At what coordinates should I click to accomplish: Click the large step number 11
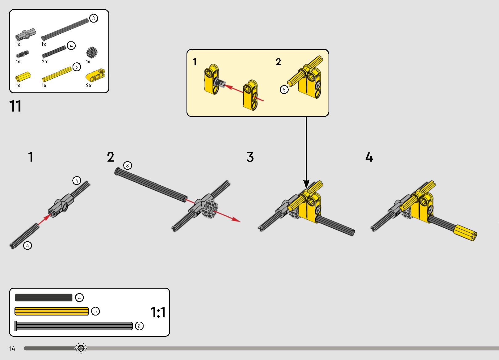tap(15, 106)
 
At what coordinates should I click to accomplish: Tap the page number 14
tap(12, 349)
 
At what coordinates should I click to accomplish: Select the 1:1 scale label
tap(158, 312)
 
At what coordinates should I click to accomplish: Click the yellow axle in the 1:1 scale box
tap(52, 311)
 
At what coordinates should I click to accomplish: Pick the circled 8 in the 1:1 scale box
tap(139, 326)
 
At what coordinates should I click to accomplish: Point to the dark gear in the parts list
tap(92, 53)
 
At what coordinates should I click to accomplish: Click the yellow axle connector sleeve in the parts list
tap(23, 76)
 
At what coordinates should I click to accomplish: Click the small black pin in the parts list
tap(23, 54)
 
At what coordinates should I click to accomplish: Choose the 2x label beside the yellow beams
tap(89, 86)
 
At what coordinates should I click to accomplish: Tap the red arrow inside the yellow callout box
tap(244, 92)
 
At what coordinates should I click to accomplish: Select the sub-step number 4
tap(369, 157)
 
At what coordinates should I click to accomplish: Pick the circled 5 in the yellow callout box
tap(284, 90)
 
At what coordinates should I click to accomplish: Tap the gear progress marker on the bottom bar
tap(81, 349)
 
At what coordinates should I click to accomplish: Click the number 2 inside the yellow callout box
tap(278, 62)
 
